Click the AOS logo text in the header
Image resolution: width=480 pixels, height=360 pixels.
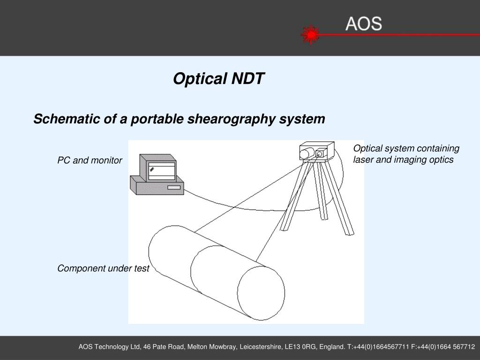tap(364, 23)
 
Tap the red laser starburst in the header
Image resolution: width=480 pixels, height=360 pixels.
tap(310, 35)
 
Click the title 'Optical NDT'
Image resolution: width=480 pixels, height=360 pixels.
tap(218, 79)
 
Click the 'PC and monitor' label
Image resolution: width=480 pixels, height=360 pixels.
tap(90, 160)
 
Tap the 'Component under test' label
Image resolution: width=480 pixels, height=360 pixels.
tap(103, 268)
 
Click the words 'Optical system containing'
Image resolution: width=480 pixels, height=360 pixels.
tap(406, 149)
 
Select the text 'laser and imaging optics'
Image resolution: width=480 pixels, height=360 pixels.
tap(403, 160)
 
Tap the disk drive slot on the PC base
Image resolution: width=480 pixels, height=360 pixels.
tap(174, 188)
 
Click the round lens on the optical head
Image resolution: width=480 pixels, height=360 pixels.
tap(306, 153)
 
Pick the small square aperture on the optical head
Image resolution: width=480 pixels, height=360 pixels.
tap(321, 153)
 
